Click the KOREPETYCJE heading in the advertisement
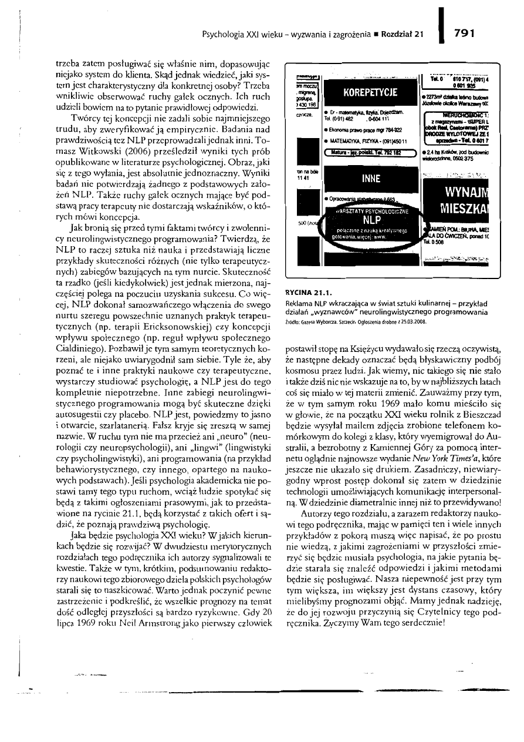click(x=370, y=92)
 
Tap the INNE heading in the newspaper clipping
click(x=370, y=178)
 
